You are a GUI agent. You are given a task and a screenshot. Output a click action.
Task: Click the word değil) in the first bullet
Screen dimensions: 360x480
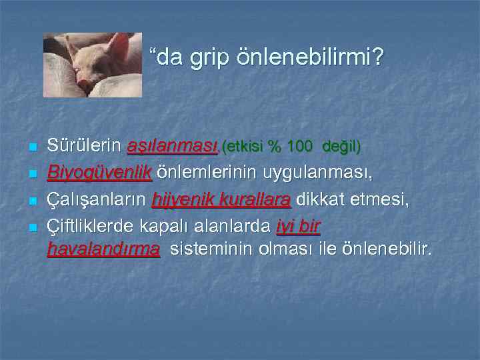click(x=341, y=146)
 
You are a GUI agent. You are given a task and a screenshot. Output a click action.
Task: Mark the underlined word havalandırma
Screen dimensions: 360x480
click(x=104, y=249)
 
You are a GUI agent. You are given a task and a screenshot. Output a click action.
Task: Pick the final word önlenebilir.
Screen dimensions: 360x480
click(x=386, y=249)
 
